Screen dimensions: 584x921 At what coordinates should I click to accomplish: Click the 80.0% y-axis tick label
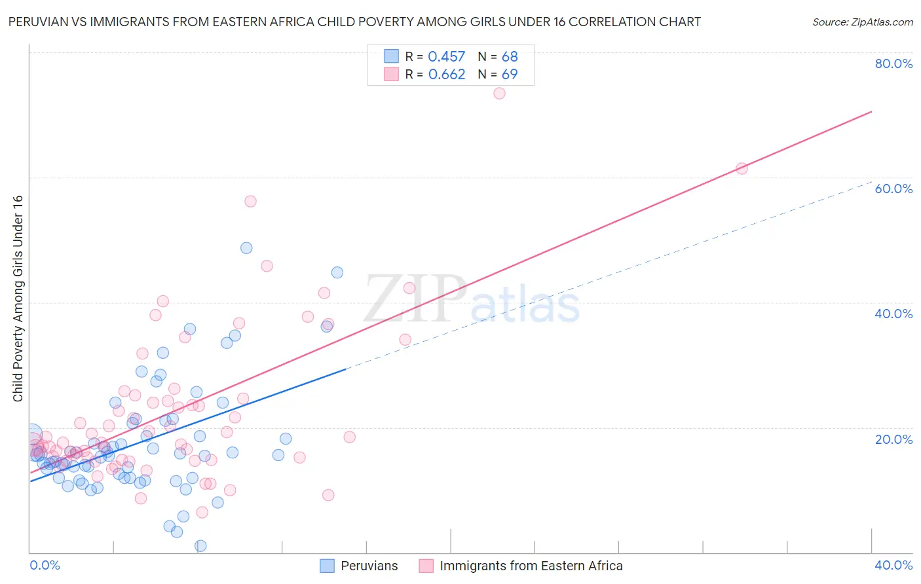[893, 64]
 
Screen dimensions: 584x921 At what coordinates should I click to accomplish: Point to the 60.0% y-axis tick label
[893, 189]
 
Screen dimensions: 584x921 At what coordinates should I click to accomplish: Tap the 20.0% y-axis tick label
[893, 439]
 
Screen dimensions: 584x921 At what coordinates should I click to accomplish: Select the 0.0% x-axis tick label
[45, 565]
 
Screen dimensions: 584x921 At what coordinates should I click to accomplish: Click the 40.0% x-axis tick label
[893, 565]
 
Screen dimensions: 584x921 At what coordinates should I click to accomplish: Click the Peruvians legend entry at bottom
[360, 566]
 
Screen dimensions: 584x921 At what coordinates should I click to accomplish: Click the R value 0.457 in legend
[446, 57]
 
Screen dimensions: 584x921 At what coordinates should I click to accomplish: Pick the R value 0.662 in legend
[446, 75]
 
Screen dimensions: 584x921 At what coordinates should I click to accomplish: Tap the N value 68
[510, 57]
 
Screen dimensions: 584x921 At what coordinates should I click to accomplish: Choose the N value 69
[510, 75]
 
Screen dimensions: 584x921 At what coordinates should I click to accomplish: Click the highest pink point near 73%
[499, 93]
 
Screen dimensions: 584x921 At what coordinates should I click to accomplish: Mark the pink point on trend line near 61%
[742, 168]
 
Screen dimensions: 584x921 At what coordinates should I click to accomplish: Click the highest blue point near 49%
[246, 248]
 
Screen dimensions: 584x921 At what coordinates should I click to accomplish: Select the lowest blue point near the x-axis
[200, 546]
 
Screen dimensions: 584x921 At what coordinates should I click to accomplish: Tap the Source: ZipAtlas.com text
[862, 22]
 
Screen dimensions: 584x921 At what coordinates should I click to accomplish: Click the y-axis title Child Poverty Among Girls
[18, 299]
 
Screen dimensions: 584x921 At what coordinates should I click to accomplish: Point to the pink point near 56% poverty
[250, 201]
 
